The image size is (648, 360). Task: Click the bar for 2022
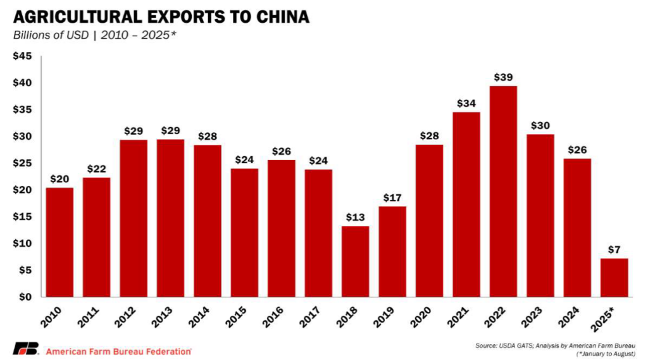click(x=503, y=191)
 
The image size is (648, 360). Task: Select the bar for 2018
click(x=355, y=261)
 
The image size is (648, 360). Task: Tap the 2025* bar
click(x=614, y=277)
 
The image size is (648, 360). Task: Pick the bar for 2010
click(x=59, y=242)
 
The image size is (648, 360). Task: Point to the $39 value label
click(x=503, y=77)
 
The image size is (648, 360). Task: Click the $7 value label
click(x=614, y=249)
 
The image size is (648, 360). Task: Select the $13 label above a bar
click(x=355, y=217)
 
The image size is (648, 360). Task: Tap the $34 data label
click(x=466, y=103)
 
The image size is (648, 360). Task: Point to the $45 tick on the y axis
click(x=23, y=56)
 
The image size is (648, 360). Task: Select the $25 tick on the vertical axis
click(x=23, y=163)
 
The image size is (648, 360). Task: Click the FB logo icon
click(x=26, y=349)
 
